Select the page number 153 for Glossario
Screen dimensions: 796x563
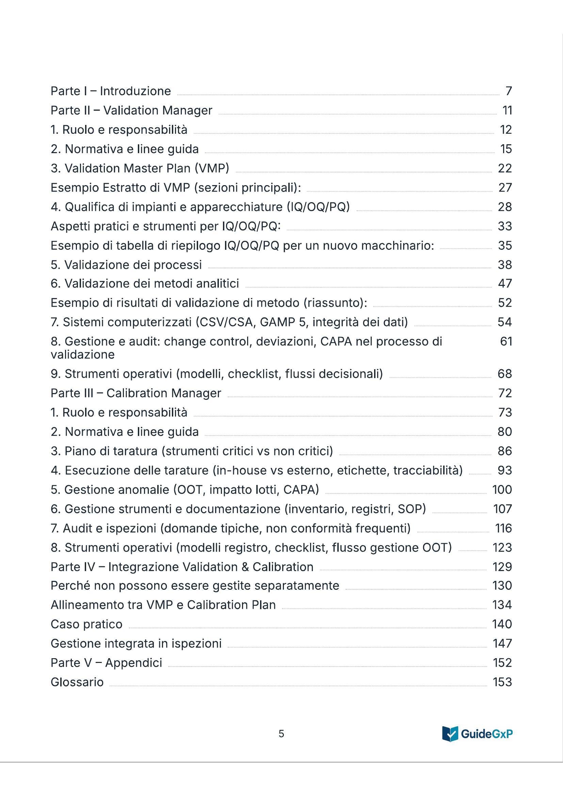(502, 682)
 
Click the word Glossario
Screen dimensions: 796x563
(77, 682)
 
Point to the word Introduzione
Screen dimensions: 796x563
(135, 91)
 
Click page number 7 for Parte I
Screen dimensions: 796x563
(509, 91)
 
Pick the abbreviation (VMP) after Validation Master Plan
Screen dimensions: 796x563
(212, 168)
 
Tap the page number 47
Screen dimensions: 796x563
(505, 283)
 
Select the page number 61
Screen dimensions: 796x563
(506, 341)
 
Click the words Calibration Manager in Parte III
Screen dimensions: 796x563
(164, 393)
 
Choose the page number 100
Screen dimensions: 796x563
(502, 489)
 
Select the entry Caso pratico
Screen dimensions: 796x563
(87, 624)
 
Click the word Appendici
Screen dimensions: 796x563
(133, 663)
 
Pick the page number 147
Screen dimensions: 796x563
(502, 644)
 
